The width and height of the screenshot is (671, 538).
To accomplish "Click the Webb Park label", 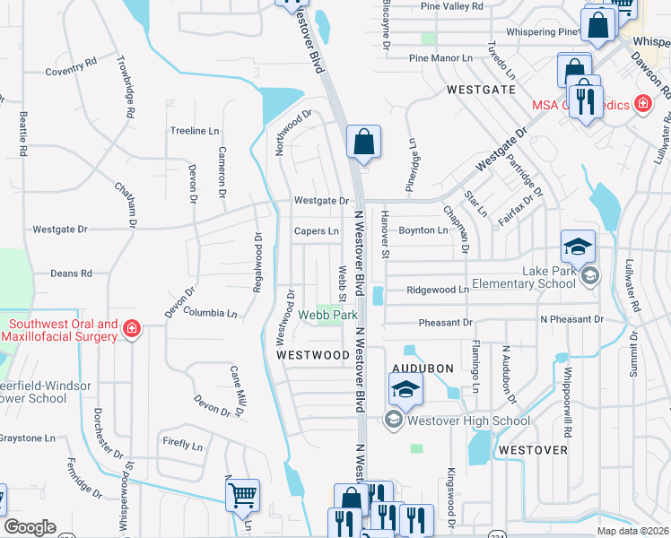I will coord(328,315).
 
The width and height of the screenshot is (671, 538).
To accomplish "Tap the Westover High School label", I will coord(467,420).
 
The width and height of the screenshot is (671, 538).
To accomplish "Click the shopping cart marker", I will coord(242,494).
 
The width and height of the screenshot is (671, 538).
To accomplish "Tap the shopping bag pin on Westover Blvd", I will coord(363,142).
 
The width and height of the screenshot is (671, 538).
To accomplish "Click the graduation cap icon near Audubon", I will coord(405,389).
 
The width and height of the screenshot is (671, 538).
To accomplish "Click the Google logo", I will coord(30,527).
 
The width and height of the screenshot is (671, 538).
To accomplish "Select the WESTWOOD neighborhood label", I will coord(312,355).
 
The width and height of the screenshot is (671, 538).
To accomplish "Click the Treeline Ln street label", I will coord(195,131).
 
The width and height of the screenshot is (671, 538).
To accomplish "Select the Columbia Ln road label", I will coord(210,313).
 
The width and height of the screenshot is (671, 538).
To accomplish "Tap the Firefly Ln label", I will coord(182,444).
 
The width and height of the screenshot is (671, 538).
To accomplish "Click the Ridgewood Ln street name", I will coord(438,290).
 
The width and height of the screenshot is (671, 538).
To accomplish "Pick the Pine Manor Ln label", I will coord(440,58).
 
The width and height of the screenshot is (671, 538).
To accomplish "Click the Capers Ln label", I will coord(317,230).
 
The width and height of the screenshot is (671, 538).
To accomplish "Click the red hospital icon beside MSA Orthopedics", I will coord(641,105).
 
